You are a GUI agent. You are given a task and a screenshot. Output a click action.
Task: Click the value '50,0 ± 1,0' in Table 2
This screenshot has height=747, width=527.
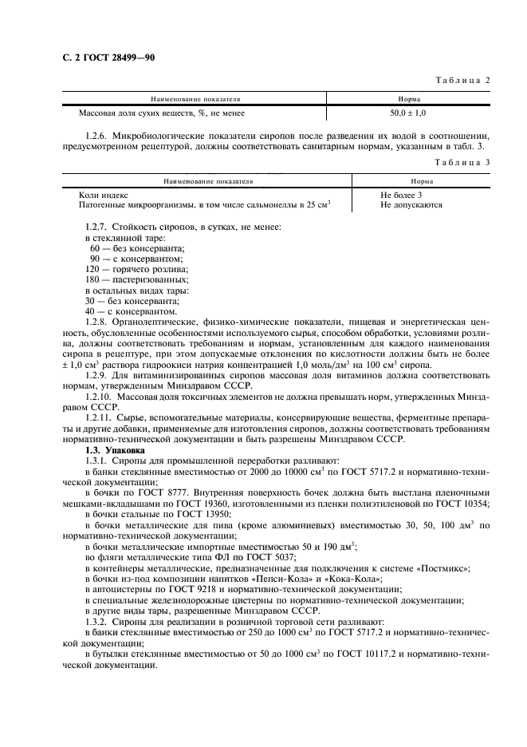point(408,114)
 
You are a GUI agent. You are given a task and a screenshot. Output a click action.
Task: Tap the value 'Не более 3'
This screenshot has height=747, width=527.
point(401,195)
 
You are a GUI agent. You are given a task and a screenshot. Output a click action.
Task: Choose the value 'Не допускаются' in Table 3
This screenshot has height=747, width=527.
point(411,205)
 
